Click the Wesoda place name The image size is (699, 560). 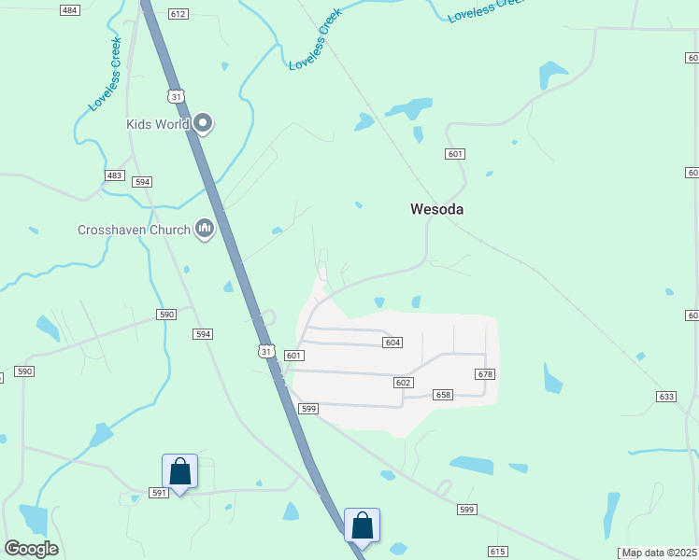pyautogui.click(x=436, y=209)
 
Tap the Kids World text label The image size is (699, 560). pyautogui.click(x=158, y=123)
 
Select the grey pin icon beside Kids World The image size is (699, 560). pyautogui.click(x=204, y=122)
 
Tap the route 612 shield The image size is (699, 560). pyautogui.click(x=178, y=14)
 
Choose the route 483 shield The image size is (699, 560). pyautogui.click(x=114, y=175)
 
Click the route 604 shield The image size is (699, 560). pyautogui.click(x=392, y=343)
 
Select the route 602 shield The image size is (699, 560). pyautogui.click(x=403, y=383)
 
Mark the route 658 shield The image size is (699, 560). pyautogui.click(x=443, y=395)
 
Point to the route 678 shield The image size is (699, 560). pyautogui.click(x=484, y=374)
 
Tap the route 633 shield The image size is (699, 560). pyautogui.click(x=666, y=397)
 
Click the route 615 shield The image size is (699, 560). pyautogui.click(x=497, y=552)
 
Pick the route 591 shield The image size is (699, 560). pyautogui.click(x=158, y=493)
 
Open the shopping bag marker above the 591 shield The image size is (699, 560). pyautogui.click(x=179, y=471)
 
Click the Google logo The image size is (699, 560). pyautogui.click(x=31, y=549)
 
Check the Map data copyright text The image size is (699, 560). pyautogui.click(x=660, y=553)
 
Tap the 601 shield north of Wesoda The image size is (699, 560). pyautogui.click(x=455, y=154)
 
